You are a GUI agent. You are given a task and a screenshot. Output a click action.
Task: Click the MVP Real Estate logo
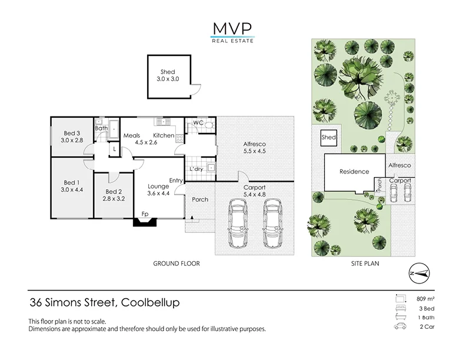(232, 33)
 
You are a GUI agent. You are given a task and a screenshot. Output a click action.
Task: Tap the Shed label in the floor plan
(168, 72)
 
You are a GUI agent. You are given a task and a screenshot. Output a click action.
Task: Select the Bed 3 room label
(72, 133)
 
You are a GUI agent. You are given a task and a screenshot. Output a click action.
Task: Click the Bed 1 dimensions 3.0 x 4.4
(72, 189)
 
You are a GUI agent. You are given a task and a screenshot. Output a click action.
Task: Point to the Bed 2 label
(113, 192)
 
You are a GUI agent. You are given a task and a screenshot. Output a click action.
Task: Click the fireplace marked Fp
(145, 222)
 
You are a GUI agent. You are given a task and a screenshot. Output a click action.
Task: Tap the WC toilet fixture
(209, 125)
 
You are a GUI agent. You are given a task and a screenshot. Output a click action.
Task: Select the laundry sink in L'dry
(211, 168)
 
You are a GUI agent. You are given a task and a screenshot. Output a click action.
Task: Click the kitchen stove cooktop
(179, 138)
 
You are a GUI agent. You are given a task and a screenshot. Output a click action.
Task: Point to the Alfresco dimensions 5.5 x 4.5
(254, 151)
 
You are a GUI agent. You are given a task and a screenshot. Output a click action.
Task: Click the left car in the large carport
(238, 223)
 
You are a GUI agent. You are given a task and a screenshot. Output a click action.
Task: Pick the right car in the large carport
(272, 223)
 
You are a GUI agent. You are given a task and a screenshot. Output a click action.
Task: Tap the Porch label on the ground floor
(200, 199)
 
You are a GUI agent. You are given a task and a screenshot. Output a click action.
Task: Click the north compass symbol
(420, 273)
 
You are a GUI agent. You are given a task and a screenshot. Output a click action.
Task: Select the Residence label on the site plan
(354, 171)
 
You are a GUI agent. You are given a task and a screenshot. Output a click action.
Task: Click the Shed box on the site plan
(329, 138)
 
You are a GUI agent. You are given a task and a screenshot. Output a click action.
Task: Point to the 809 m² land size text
(425, 299)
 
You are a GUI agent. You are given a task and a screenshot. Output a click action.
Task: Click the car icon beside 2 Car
(400, 326)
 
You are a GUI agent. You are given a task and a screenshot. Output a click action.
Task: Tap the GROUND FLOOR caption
(177, 264)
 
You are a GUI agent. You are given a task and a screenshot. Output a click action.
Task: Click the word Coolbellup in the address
(151, 303)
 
